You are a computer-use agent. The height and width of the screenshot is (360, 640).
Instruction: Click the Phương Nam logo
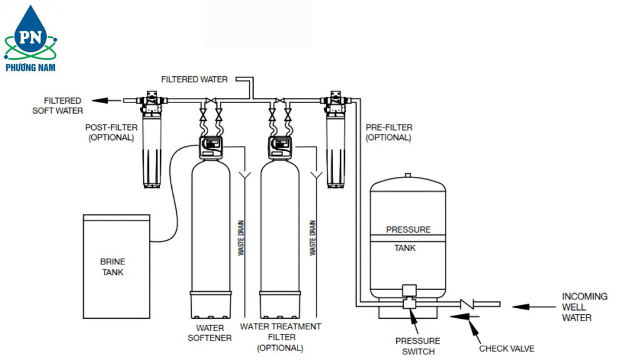point(31,39)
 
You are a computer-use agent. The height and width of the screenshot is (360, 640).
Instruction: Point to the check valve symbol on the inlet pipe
point(467,304)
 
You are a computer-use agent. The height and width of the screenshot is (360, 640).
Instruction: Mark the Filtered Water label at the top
point(194,80)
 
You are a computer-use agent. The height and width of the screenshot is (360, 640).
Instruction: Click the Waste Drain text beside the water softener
point(241,237)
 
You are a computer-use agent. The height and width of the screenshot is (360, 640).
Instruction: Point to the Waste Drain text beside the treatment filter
point(312,237)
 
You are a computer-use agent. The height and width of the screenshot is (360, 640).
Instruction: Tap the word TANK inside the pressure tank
point(405,248)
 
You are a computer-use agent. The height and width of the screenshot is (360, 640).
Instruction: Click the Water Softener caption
point(209,332)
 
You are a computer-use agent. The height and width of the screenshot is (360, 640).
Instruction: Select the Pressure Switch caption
point(417,346)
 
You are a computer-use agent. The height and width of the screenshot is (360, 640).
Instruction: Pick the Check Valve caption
point(506,349)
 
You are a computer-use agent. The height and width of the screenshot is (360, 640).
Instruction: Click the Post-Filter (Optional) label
point(111,132)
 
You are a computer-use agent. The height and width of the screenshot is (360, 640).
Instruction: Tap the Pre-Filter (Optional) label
point(389,132)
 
